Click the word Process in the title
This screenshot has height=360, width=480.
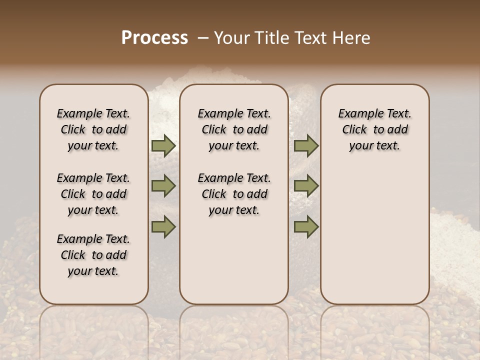tap(154, 38)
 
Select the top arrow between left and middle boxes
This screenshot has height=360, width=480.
tap(163, 145)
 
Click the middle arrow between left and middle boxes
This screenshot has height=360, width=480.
tap(163, 186)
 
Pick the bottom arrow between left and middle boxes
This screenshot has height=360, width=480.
tap(163, 226)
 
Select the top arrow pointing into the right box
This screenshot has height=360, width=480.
tap(306, 145)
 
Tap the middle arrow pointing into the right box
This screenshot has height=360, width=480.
tap(306, 186)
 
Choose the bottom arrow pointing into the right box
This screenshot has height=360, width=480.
tap(306, 226)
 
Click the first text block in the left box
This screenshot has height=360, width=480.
tap(93, 129)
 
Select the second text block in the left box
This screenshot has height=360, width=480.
tap(93, 194)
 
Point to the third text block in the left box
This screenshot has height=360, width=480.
tap(93, 255)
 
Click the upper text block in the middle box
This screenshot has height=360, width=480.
tap(234, 129)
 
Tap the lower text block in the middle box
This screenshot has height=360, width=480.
tap(234, 194)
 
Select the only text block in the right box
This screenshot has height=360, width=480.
tap(374, 129)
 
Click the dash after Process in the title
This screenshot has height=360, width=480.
tap(203, 38)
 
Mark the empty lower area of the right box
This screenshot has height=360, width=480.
tap(374, 235)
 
